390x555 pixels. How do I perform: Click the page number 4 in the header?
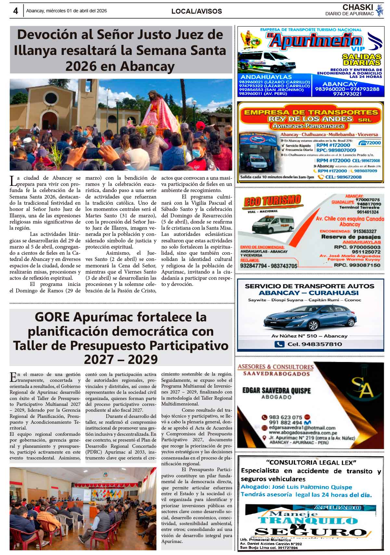coord(15,11)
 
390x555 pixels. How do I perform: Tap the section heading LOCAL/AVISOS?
coord(197,11)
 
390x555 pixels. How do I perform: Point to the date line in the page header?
coord(67,11)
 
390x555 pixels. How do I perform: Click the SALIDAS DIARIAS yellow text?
coord(361,59)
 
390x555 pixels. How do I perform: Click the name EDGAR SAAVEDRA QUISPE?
coord(276,390)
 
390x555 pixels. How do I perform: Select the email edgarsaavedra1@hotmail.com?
coord(302,428)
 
